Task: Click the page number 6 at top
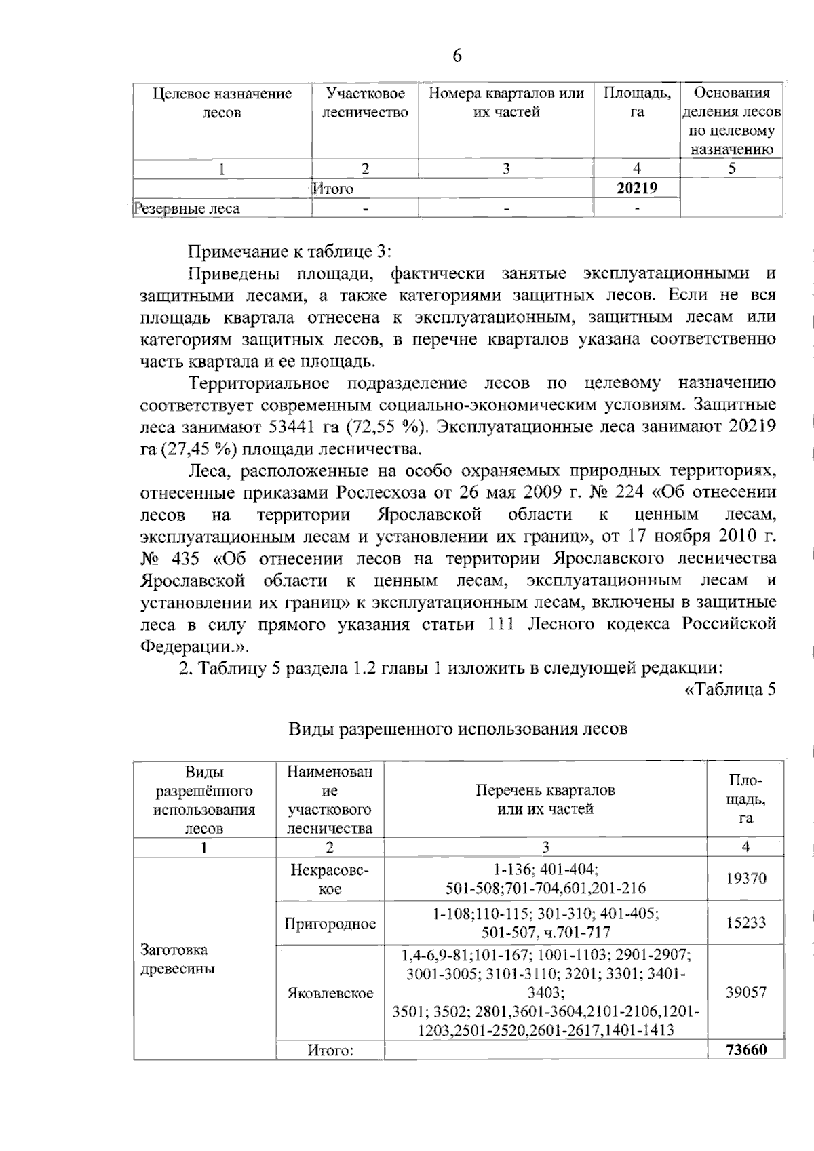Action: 457,56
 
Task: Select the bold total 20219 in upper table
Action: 636,188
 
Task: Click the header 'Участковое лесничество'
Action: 365,102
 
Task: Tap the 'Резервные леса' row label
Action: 187,208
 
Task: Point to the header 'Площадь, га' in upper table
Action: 636,102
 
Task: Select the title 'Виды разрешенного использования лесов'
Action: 458,729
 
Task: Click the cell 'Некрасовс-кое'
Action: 330,879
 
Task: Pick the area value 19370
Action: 745,878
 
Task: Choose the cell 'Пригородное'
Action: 330,924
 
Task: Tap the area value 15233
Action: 745,923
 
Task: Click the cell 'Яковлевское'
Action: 330,993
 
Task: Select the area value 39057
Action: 745,992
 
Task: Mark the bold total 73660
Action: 745,1050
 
